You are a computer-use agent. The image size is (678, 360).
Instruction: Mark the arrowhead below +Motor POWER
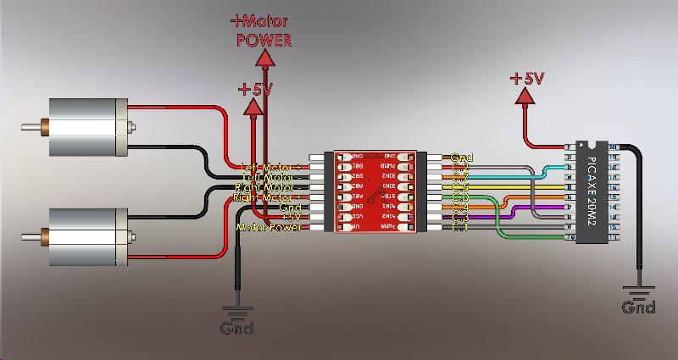[264, 58]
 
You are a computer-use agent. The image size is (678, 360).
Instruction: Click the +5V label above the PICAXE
[526, 78]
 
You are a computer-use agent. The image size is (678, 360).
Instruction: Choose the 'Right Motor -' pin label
[266, 198]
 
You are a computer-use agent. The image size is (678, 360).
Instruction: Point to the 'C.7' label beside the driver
[461, 178]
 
